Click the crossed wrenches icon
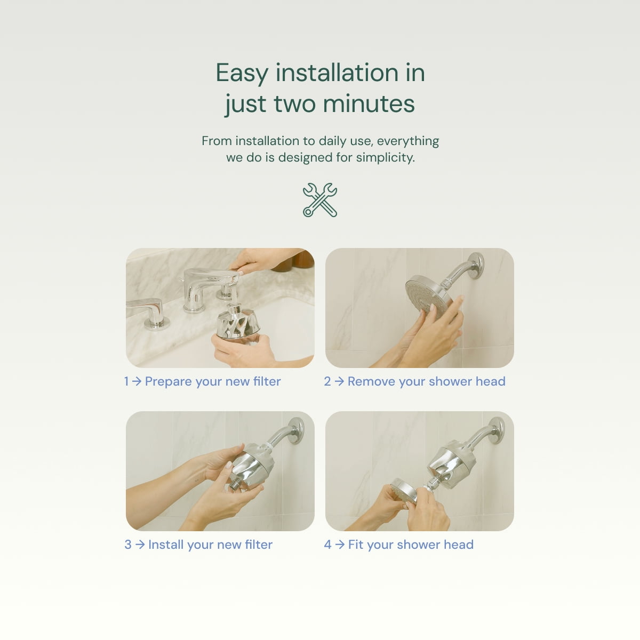[320, 200]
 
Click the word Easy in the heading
[242, 73]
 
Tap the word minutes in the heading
[369, 104]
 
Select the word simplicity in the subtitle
[385, 157]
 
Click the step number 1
[126, 381]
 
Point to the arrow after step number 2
[339, 381]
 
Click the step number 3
[128, 545]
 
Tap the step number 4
[328, 545]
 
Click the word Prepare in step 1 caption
[169, 382]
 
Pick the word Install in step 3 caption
[166, 545]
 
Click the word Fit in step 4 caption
[356, 545]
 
